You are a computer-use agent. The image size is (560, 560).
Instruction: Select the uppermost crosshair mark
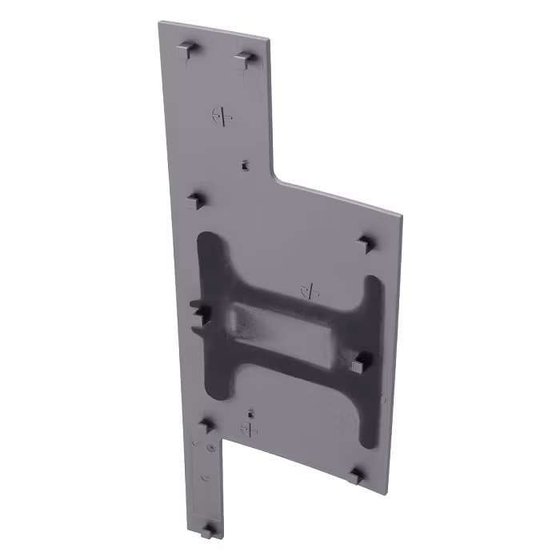(x=223, y=117)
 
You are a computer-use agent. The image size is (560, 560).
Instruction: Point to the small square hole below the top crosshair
(x=244, y=166)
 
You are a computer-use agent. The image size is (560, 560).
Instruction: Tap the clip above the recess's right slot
(x=366, y=242)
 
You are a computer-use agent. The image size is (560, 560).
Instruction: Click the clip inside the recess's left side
(x=200, y=313)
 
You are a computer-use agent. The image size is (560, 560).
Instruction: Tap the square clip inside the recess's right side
(x=357, y=364)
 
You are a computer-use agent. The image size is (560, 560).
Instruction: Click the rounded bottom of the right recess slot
(x=368, y=438)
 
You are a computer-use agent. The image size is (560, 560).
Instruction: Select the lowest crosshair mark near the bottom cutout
(x=250, y=430)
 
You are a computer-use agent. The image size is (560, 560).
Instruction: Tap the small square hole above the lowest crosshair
(x=251, y=414)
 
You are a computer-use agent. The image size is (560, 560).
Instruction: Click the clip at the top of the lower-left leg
(x=207, y=426)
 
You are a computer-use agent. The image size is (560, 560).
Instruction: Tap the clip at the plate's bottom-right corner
(x=355, y=476)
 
